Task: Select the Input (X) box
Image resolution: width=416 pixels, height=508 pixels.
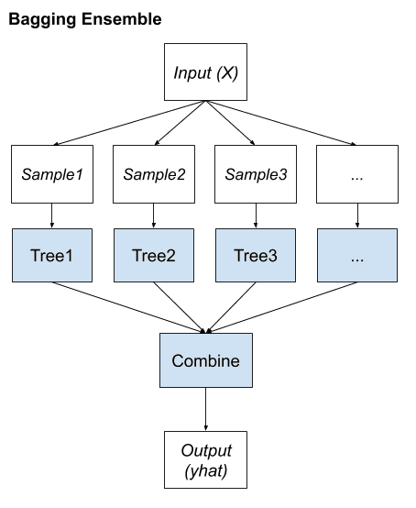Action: coord(206,71)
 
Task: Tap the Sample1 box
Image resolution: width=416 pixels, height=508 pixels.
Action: coord(51,173)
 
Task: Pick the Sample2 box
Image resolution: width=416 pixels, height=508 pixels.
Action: coord(153,173)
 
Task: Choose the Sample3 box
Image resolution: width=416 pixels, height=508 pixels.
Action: coord(255,173)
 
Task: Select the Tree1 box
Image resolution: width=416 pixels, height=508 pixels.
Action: coord(51,255)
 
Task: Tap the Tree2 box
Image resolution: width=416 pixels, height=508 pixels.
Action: coord(153,255)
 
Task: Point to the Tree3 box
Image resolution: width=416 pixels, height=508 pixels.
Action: coord(255,255)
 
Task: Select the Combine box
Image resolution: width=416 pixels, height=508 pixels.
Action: coord(205,360)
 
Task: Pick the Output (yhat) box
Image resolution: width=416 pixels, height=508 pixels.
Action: coord(206,461)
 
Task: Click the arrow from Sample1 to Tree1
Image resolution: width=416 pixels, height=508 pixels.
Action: coord(51,215)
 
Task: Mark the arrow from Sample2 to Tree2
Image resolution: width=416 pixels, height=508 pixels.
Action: coord(153,215)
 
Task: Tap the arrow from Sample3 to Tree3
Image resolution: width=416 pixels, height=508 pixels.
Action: coord(255,215)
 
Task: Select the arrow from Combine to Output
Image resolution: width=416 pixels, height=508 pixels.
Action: coord(205,410)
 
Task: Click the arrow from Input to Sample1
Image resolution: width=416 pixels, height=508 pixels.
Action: coord(128,123)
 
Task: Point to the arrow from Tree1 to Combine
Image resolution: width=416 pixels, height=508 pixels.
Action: coord(128,306)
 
